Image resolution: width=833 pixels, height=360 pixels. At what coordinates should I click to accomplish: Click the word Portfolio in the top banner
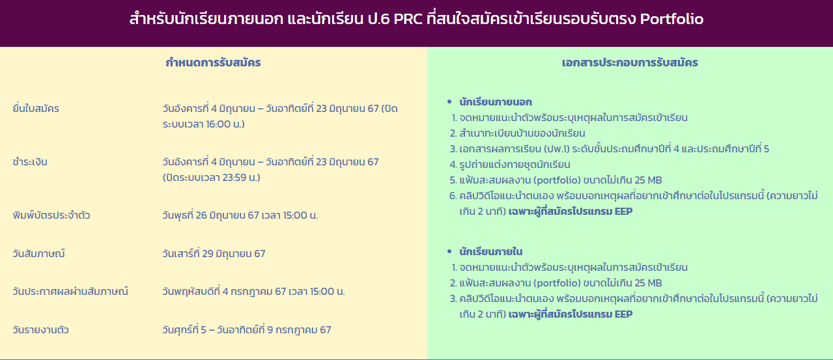pyautogui.click(x=671, y=19)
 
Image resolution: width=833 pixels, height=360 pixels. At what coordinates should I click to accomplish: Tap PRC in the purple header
pyautogui.click(x=408, y=19)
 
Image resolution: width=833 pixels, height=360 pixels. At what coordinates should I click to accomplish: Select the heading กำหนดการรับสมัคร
pyautogui.click(x=213, y=62)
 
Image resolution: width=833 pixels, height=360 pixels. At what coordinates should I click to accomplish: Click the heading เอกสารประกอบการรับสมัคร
pyautogui.click(x=630, y=62)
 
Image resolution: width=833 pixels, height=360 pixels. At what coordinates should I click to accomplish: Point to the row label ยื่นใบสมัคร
pyautogui.click(x=36, y=109)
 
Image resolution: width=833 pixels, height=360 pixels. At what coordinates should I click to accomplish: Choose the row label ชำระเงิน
pyautogui.click(x=30, y=162)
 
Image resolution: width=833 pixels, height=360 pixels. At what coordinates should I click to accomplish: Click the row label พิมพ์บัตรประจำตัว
pyautogui.click(x=51, y=215)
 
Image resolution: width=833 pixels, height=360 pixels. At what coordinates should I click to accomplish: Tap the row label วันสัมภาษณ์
pyautogui.click(x=38, y=254)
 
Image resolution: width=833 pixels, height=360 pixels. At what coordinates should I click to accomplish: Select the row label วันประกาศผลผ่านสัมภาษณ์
pyautogui.click(x=70, y=292)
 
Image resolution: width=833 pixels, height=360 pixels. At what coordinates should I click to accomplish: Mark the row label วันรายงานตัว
pyautogui.click(x=40, y=330)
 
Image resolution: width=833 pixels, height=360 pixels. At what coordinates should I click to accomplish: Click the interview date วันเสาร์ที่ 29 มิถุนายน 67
pyautogui.click(x=214, y=254)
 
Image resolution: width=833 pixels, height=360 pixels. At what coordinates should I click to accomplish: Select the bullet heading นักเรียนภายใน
pyautogui.click(x=491, y=251)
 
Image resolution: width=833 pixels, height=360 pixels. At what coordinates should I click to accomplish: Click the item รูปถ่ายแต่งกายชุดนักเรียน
pyautogui.click(x=515, y=164)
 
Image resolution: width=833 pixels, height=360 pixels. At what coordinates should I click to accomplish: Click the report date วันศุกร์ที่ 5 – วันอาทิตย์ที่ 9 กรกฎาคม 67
pyautogui.click(x=247, y=330)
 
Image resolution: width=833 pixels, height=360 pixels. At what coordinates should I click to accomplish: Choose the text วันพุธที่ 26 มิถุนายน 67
pyautogui.click(x=210, y=215)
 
